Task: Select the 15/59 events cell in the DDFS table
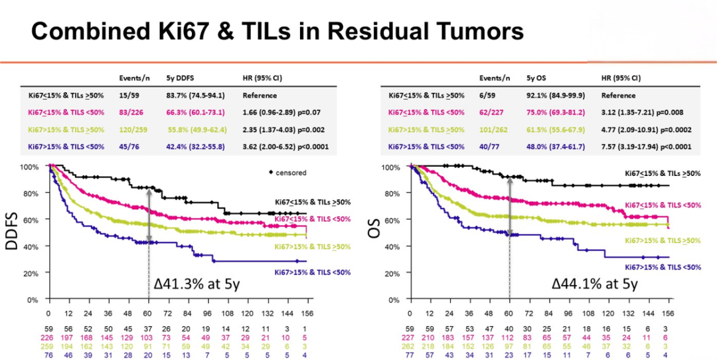click(129, 95)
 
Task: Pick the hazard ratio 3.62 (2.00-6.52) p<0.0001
click(287, 146)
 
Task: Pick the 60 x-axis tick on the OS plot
click(510, 312)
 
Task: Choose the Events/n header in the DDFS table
click(133, 77)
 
